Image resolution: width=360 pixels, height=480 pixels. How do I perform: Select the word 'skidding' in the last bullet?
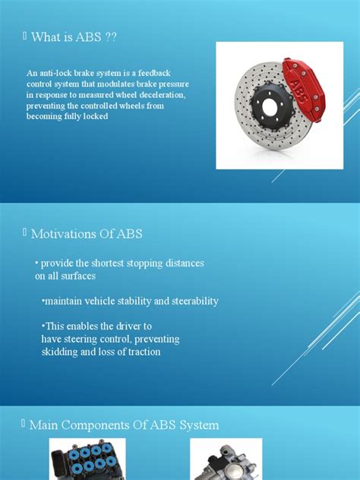point(60,352)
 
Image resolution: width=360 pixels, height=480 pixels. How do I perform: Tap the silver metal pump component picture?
point(226,460)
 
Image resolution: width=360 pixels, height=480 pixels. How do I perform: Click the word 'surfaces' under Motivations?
point(75,276)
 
